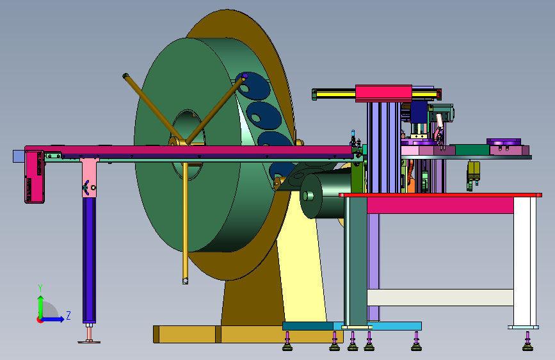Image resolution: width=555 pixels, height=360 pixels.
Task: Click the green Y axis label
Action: pos(40,288)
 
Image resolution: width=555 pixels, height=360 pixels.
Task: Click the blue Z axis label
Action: pos(68,315)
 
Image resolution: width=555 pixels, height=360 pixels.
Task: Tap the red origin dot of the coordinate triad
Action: pos(39,320)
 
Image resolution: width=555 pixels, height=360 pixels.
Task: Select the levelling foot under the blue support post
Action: pos(89,335)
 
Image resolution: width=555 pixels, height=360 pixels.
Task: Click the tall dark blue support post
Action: pos(89,259)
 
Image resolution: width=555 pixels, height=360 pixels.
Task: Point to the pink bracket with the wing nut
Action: pos(88,178)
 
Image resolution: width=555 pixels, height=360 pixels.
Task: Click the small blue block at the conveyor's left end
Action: pos(19,156)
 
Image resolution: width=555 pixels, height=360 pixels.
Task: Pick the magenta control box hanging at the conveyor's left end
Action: pos(35,176)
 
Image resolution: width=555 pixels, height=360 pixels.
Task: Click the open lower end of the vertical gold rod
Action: pos(185,281)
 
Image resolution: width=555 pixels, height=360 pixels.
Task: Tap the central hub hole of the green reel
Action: pos(188,145)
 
